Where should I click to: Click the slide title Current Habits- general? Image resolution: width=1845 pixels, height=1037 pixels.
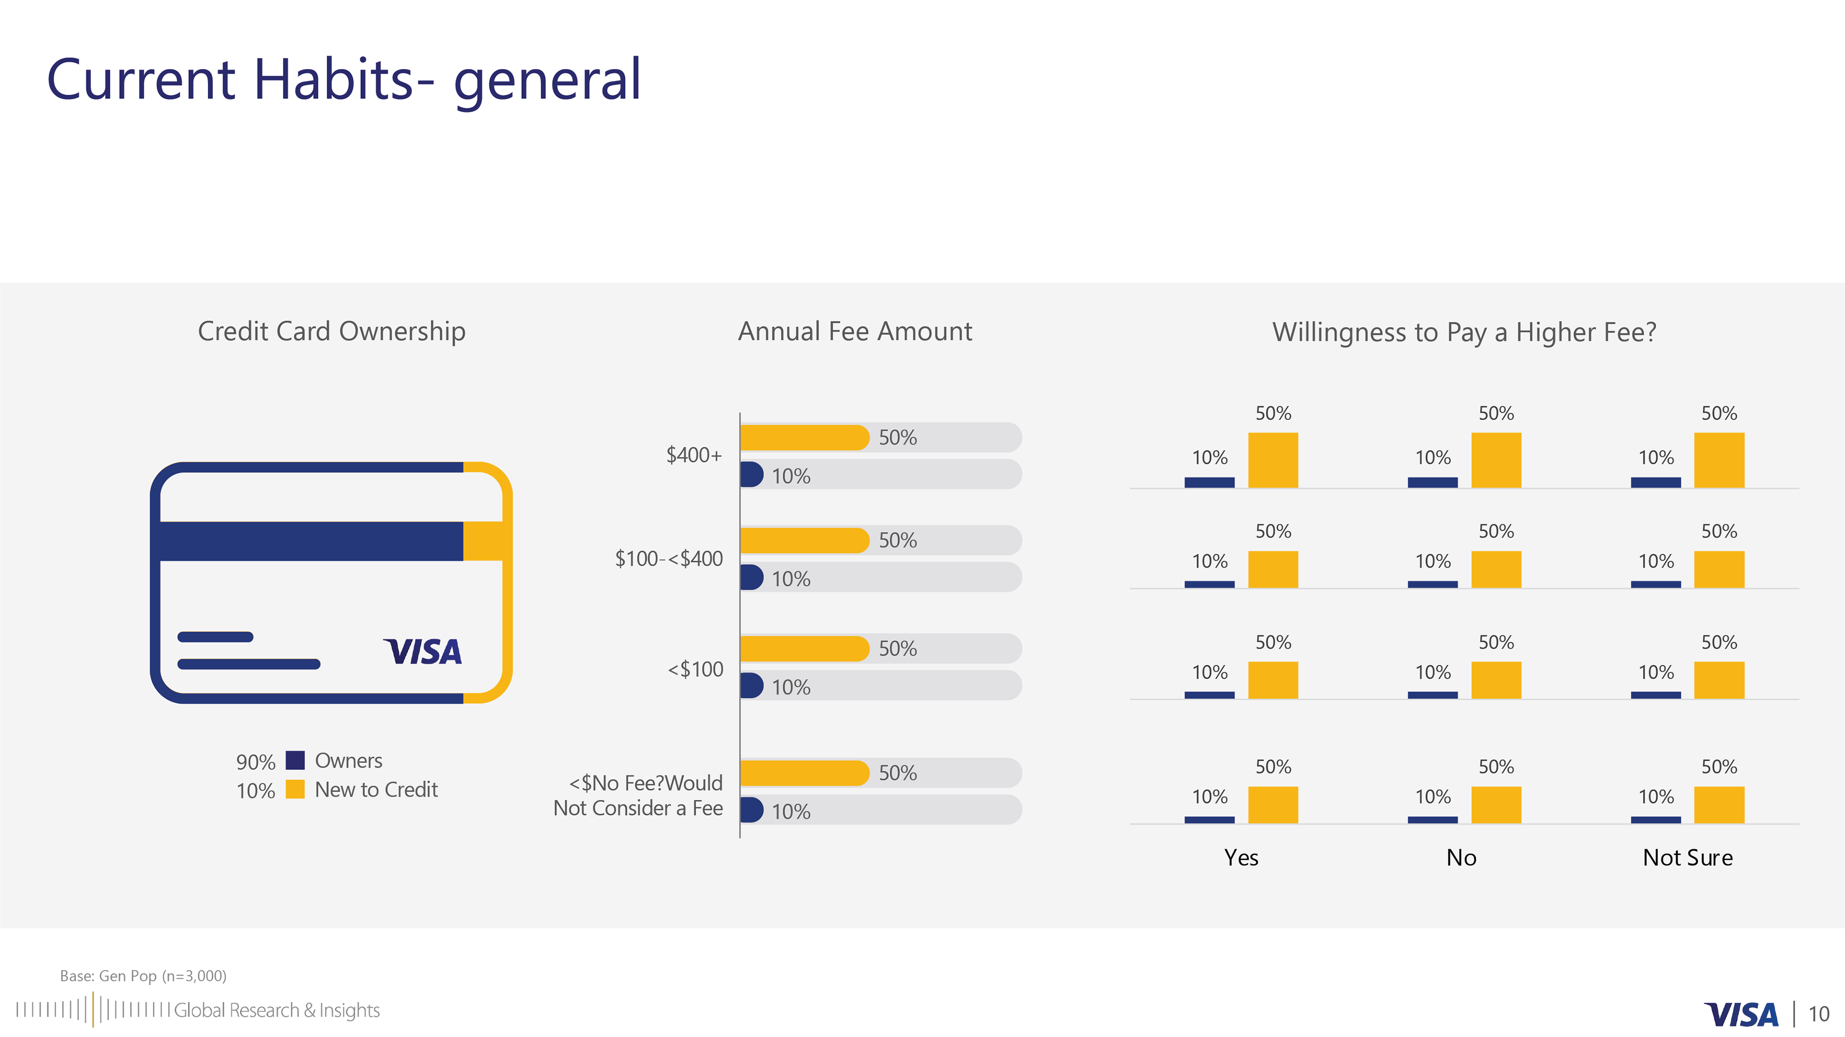coord(344,80)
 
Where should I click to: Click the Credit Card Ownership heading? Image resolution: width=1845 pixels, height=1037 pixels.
coord(332,331)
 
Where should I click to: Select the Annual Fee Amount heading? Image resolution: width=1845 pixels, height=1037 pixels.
coord(855,331)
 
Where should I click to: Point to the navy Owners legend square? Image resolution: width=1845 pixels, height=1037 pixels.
coord(295,760)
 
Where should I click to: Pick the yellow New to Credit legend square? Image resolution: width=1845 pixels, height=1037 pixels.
coord(295,789)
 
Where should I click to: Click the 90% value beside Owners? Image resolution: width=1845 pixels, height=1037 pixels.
coord(256,762)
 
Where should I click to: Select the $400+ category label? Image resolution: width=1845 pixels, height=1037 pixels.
coord(694,455)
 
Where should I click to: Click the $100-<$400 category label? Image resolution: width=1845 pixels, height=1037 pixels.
coord(669,559)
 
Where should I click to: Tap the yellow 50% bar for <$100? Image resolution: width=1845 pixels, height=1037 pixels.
coord(804,648)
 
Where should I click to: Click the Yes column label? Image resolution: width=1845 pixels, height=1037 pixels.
coord(1241,857)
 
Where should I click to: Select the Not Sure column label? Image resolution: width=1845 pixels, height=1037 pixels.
coord(1687,857)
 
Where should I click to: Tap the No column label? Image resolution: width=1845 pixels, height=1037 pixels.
coord(1461,857)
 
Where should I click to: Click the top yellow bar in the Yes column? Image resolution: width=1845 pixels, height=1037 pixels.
coord(1273,460)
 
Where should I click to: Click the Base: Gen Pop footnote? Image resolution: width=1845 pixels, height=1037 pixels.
coord(143,976)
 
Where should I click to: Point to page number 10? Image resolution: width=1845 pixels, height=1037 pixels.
coord(1819,1014)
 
